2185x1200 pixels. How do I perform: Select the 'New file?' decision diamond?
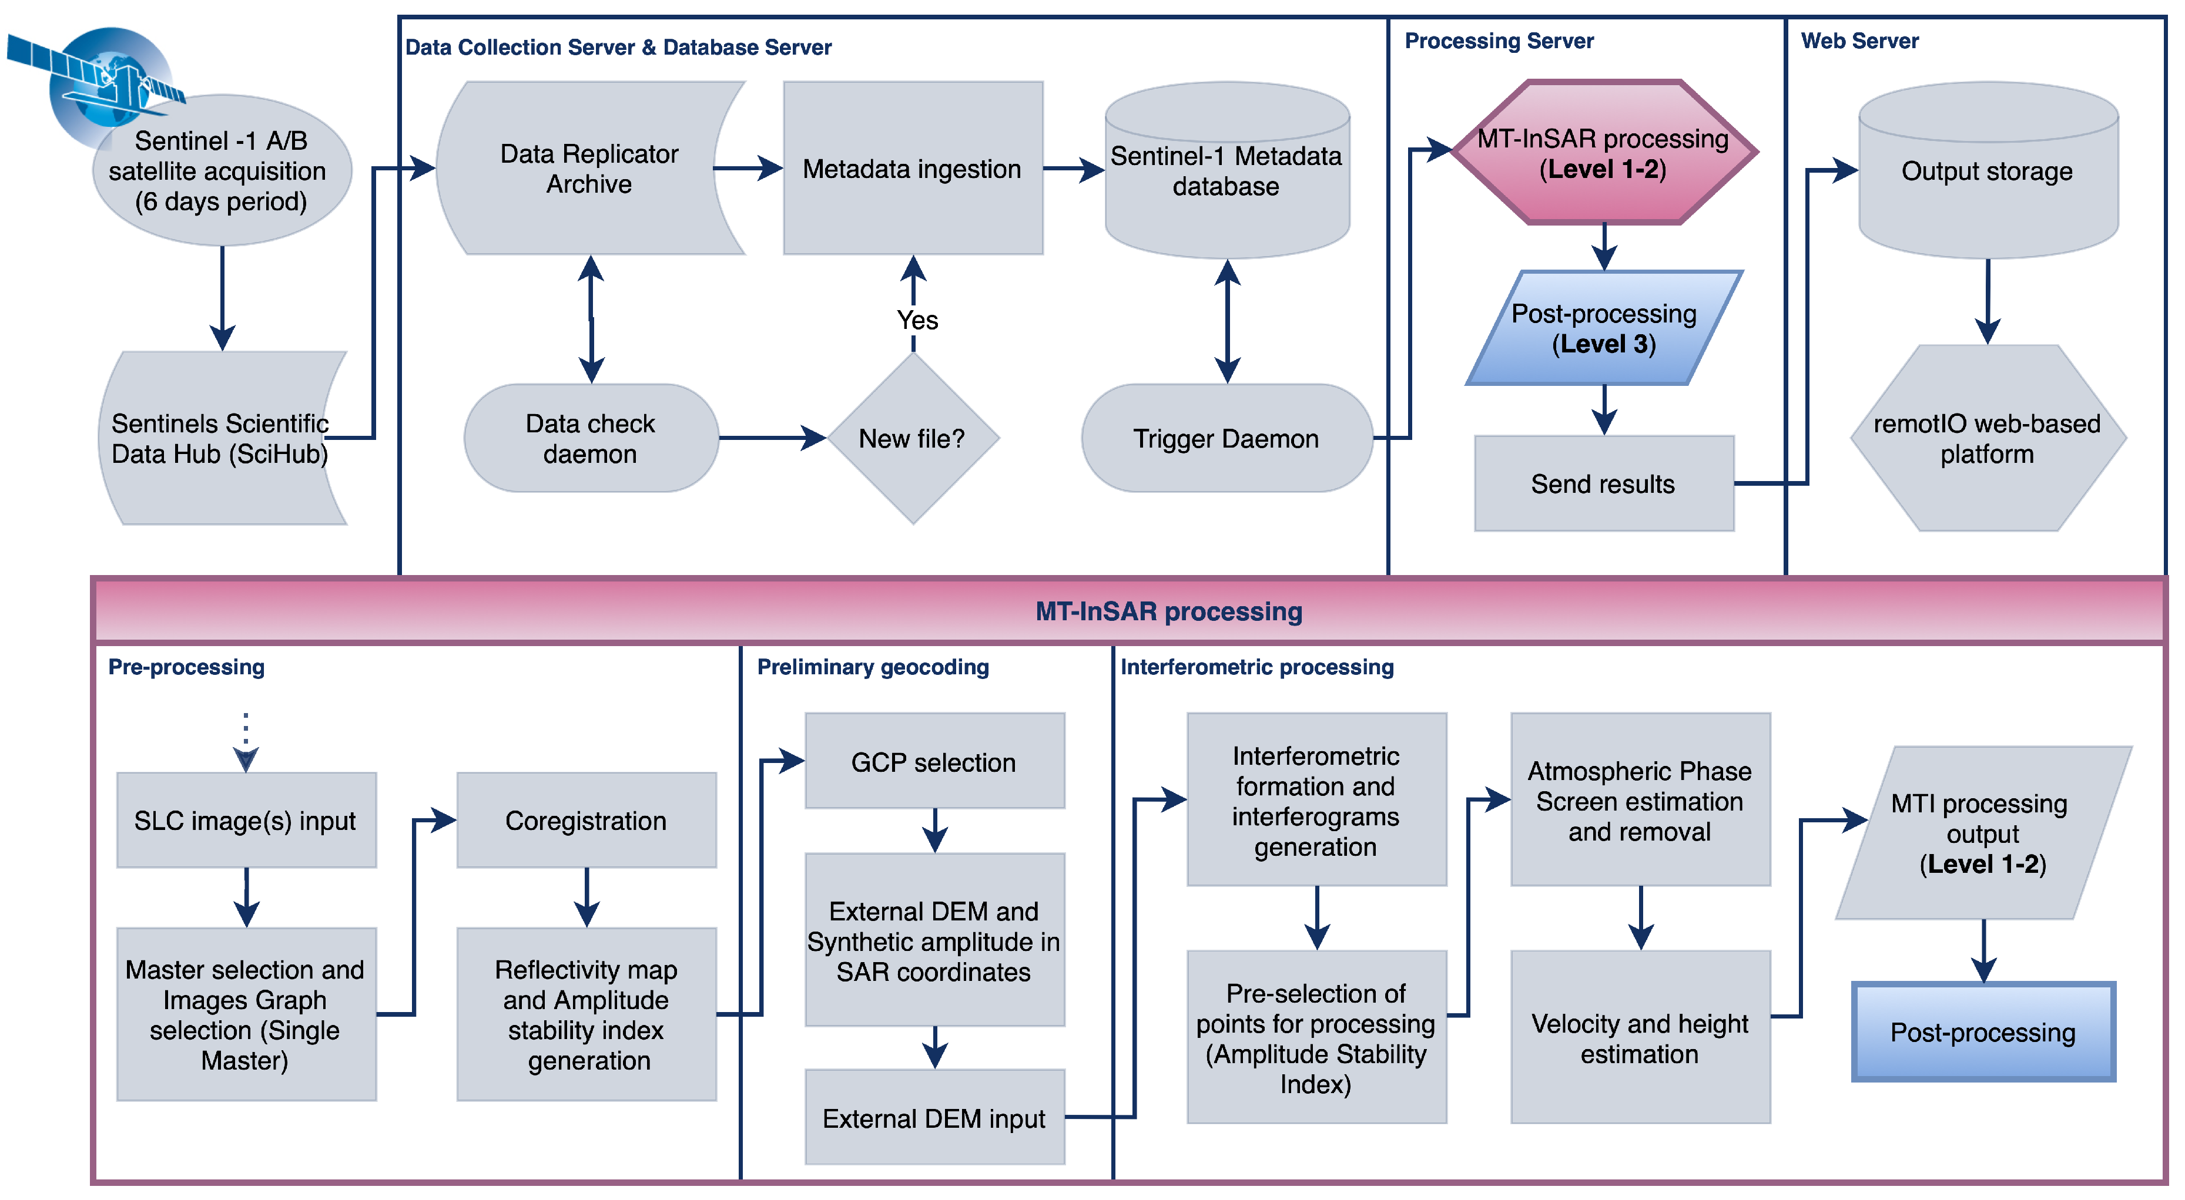tap(913, 438)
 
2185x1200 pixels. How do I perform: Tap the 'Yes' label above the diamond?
tap(917, 321)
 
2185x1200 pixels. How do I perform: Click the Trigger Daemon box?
tap(1226, 438)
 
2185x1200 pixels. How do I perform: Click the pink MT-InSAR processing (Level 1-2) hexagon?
tap(1603, 153)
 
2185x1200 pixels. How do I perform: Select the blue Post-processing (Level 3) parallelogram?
tap(1603, 328)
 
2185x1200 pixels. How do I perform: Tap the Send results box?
tap(1603, 483)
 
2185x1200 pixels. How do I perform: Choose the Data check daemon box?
tap(591, 438)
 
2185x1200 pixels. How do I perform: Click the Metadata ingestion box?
tap(913, 169)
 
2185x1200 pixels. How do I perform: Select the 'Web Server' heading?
tap(1859, 41)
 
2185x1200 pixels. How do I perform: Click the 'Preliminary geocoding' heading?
tap(873, 667)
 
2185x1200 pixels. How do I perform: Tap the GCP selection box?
tap(934, 762)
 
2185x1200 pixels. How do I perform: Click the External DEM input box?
tap(934, 1118)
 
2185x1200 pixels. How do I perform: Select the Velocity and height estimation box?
tap(1640, 1038)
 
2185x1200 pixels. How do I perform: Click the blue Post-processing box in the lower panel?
tap(1983, 1032)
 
